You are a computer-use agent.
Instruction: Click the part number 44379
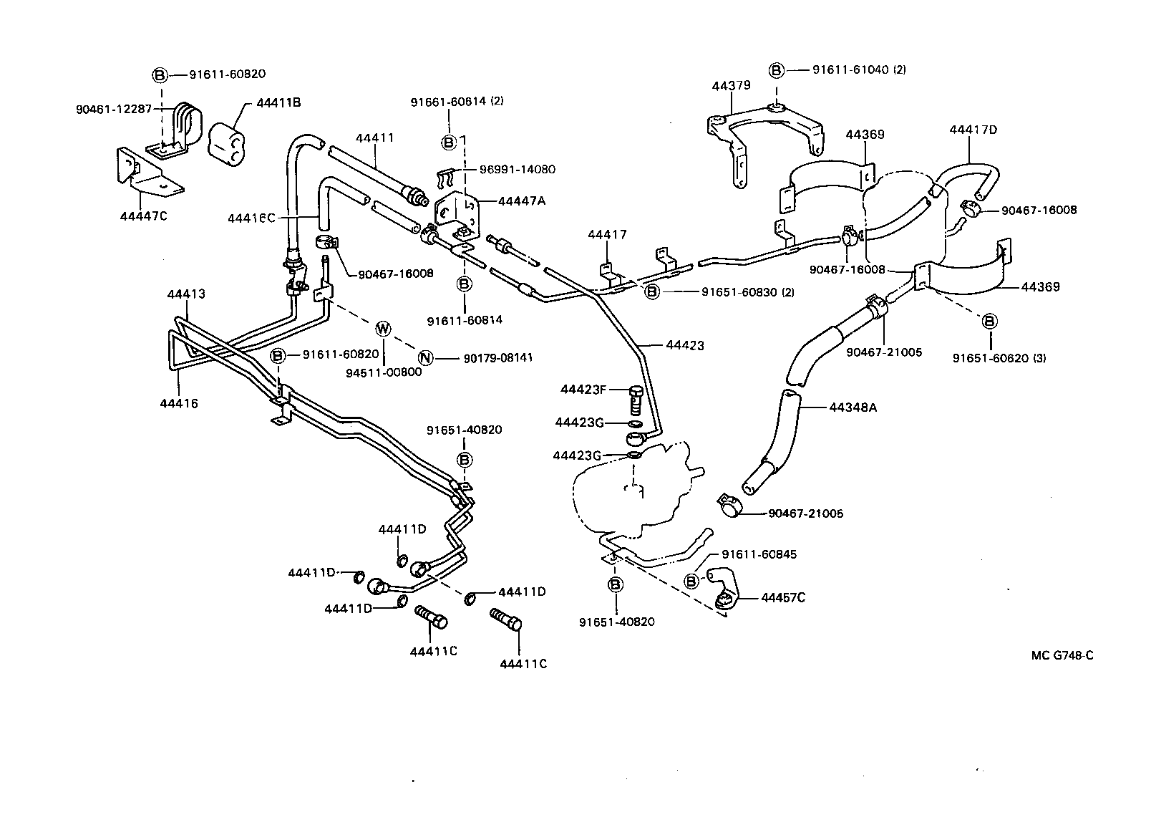(731, 86)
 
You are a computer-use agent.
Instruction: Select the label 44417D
(973, 130)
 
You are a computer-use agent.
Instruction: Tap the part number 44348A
(853, 407)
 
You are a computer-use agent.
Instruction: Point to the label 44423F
(583, 390)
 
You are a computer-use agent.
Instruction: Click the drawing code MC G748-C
(1062, 655)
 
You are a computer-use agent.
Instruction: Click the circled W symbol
(384, 329)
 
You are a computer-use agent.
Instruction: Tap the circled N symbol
(425, 357)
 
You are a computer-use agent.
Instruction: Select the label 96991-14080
(519, 170)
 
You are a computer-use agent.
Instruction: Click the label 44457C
(783, 597)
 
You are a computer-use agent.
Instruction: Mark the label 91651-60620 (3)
(999, 357)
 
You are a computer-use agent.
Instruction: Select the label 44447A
(521, 201)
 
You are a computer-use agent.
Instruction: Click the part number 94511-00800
(384, 372)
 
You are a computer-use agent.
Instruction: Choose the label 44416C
(251, 217)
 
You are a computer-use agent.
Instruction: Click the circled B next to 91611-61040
(776, 70)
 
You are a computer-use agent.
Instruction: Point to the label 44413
(186, 294)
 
